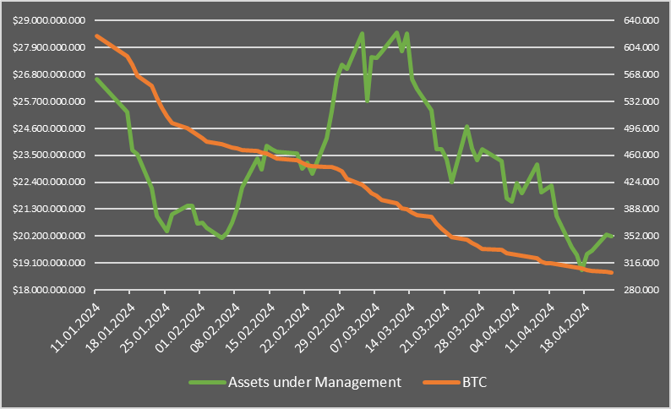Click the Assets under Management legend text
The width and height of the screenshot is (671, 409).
(x=314, y=382)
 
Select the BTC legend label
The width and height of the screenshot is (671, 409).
(x=475, y=382)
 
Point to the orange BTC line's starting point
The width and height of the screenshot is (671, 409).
(x=96, y=35)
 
